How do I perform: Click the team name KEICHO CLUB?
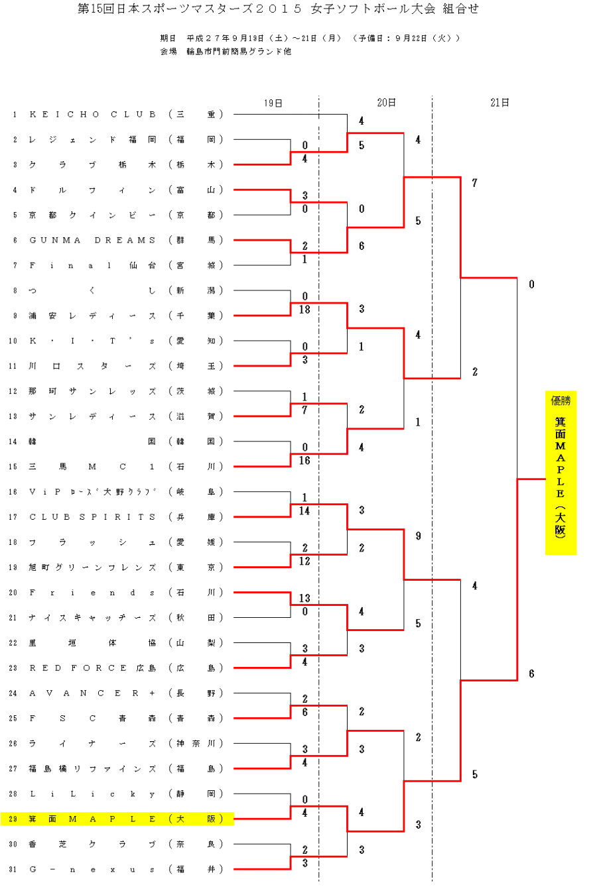(x=93, y=115)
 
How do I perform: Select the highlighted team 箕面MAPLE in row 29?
(x=93, y=819)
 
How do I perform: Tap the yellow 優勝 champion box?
(x=561, y=472)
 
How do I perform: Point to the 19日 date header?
(x=273, y=103)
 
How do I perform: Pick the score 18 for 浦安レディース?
(x=305, y=310)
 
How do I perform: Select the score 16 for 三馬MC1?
(x=305, y=460)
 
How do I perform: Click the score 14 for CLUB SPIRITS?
(x=305, y=510)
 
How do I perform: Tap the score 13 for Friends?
(x=305, y=599)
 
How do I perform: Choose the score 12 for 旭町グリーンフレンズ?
(x=305, y=561)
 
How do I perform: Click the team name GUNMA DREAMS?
(x=93, y=240)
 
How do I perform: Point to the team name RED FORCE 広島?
(x=93, y=668)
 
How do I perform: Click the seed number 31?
(x=14, y=869)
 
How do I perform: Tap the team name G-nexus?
(x=93, y=869)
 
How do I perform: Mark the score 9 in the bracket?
(x=418, y=536)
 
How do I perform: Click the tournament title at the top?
(x=278, y=9)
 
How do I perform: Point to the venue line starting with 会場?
(x=225, y=52)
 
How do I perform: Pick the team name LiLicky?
(x=93, y=794)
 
